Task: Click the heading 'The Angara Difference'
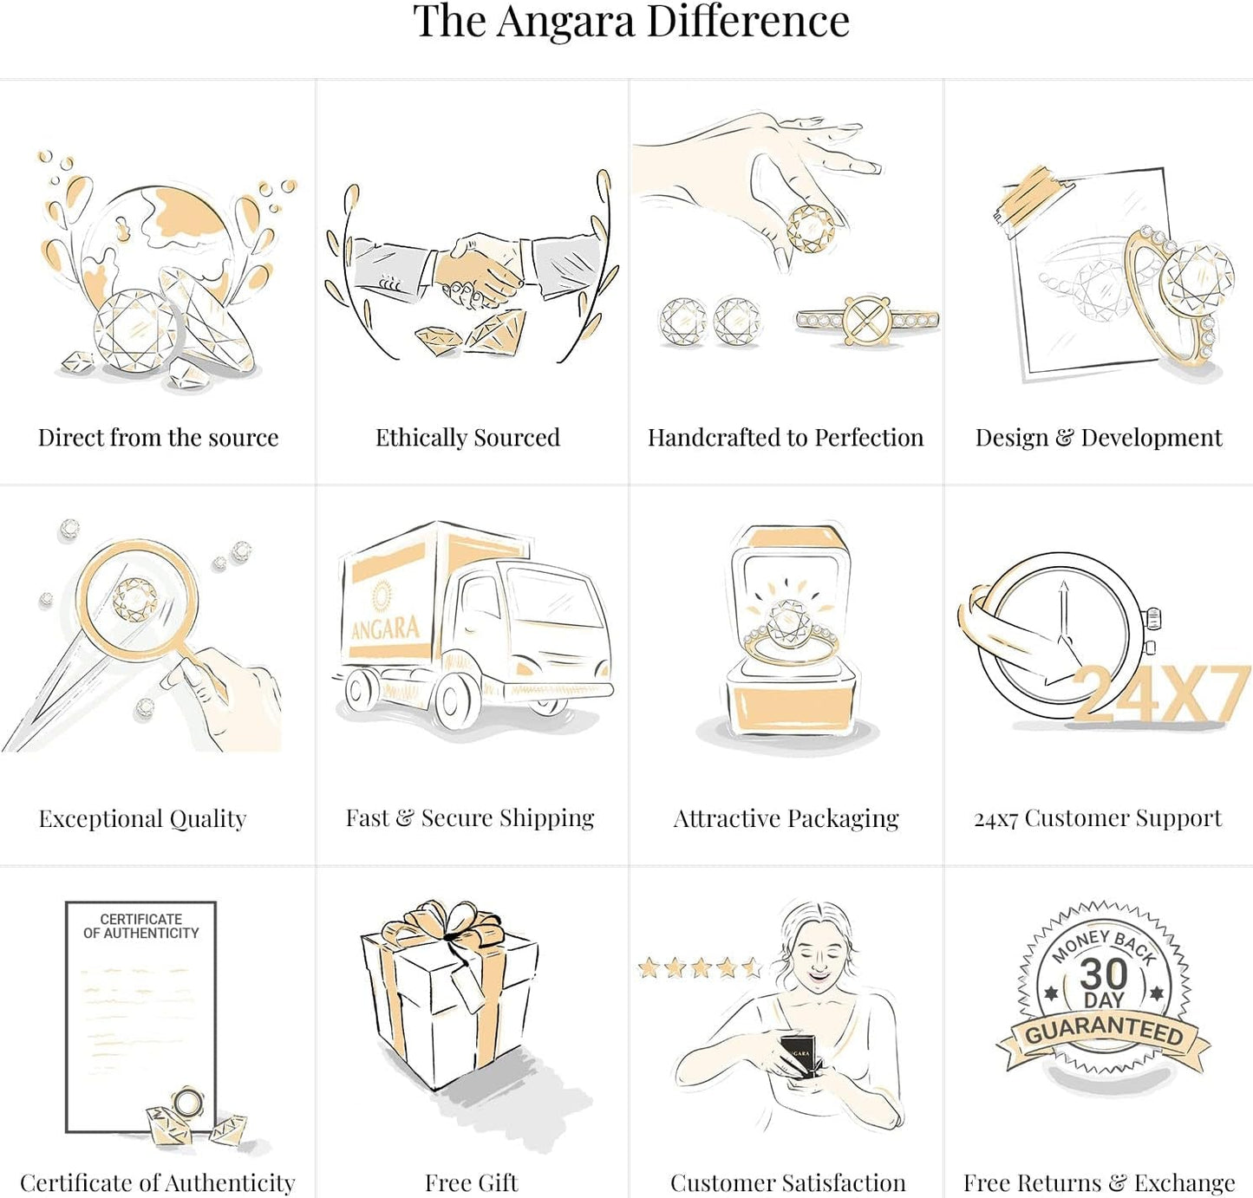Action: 631,22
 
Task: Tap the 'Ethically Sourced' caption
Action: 468,438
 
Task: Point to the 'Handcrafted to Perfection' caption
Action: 786,438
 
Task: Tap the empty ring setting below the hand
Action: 867,319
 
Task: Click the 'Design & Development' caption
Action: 1099,438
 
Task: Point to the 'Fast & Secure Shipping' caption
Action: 470,818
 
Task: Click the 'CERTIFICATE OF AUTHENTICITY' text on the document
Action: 141,926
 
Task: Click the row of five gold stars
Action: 700,967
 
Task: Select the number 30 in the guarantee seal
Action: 1104,973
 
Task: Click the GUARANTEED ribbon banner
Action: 1104,1034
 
